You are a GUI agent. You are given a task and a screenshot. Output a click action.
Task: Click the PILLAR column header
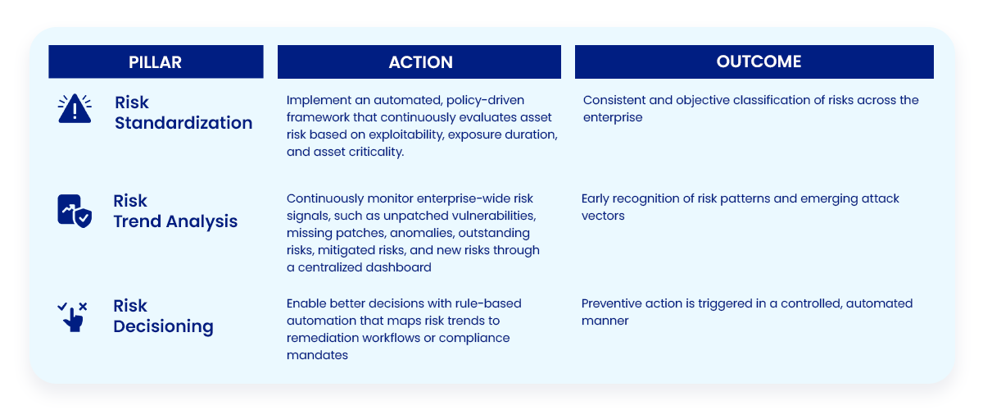point(156,61)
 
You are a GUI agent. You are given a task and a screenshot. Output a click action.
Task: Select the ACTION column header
point(419,61)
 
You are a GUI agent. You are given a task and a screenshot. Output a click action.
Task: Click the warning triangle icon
point(75,108)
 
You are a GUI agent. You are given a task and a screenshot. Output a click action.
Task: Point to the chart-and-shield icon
point(75,211)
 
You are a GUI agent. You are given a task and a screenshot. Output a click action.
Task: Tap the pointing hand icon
point(72,317)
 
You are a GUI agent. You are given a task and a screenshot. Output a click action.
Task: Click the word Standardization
point(183,123)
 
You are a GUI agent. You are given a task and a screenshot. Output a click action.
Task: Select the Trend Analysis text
point(175,221)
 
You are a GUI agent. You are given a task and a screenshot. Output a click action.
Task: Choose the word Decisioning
point(163,326)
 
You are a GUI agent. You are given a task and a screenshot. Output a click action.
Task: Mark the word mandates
point(317,355)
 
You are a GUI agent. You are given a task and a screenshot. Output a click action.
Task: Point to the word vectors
point(603,216)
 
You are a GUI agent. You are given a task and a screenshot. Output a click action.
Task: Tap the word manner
point(605,321)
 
